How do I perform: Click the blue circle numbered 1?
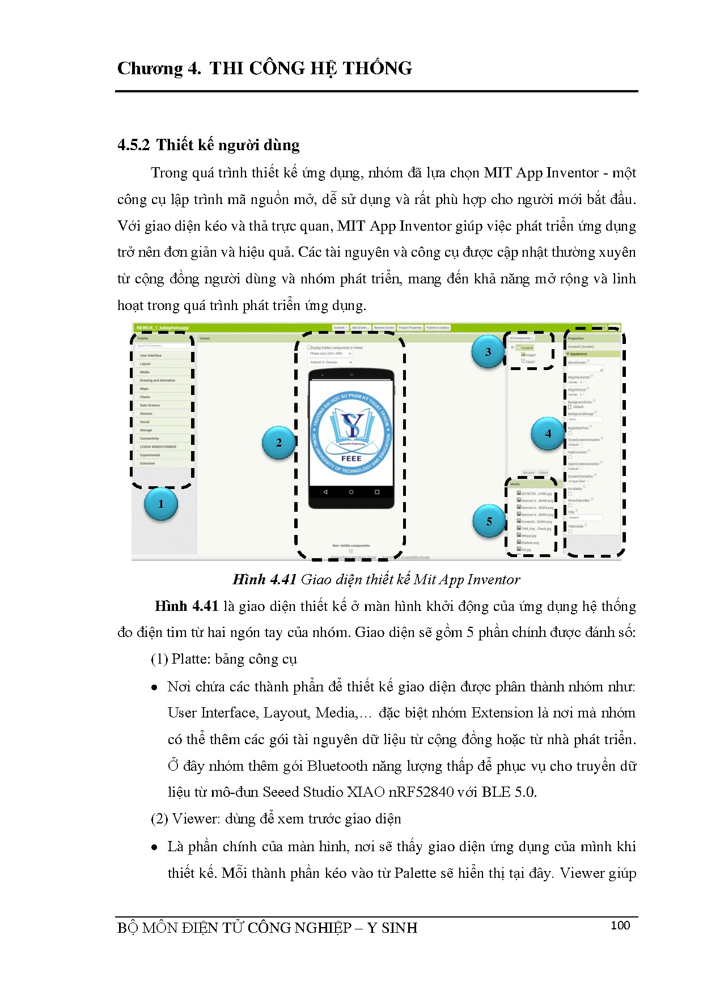pos(161,504)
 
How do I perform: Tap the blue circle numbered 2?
pos(279,443)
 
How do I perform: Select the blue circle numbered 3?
pos(488,352)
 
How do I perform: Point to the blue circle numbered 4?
pos(548,434)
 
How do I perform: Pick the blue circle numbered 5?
pos(489,521)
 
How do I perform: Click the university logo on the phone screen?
pos(351,433)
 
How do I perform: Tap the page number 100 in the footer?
pos(620,925)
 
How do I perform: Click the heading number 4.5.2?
pos(134,145)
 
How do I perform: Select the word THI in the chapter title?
pos(226,69)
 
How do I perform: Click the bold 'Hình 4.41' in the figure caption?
pos(265,579)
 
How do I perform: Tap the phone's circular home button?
pos(351,492)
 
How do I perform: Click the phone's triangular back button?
pos(325,492)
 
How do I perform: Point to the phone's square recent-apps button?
pos(377,492)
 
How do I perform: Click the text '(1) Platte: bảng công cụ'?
pos(224,659)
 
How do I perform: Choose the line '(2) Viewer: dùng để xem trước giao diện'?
pos(276,819)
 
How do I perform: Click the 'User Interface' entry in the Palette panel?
pos(151,355)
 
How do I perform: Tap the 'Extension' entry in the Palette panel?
pos(147,463)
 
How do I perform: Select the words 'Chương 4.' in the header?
pos(159,69)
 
